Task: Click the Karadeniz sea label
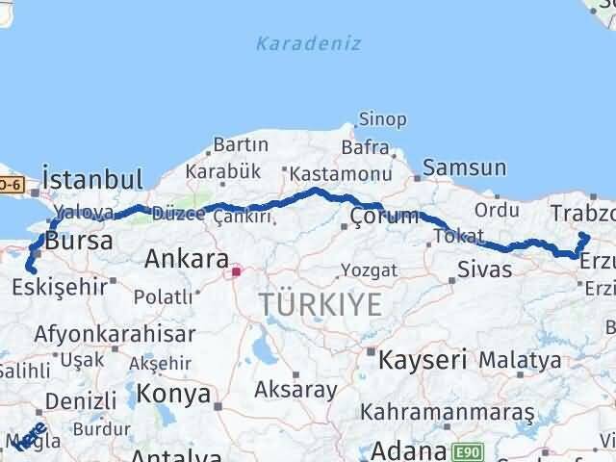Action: coord(295,43)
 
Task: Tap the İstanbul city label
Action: coord(92,180)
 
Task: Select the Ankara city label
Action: coord(187,259)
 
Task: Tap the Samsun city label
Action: coord(464,168)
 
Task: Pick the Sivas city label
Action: coord(485,269)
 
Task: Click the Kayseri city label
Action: coord(423,361)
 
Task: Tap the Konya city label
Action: coord(173,393)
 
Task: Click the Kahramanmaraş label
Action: coord(447,412)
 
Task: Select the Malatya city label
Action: coord(520,360)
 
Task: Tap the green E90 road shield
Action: coord(465,449)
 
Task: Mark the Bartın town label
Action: coord(241,144)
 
